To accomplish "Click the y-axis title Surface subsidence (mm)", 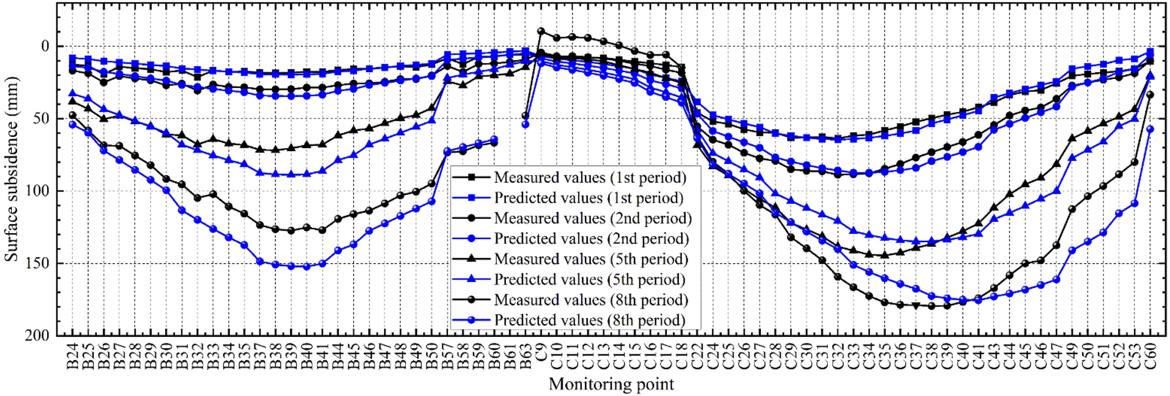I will (11, 169).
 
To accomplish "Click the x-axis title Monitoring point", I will (611, 384).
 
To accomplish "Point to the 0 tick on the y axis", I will (45, 47).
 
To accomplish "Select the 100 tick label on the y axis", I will (37, 191).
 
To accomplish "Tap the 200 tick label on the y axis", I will (37, 335).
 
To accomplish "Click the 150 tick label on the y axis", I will (37, 263).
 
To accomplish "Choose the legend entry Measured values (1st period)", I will (590, 178).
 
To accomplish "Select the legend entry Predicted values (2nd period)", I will (591, 239).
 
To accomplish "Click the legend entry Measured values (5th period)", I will (591, 259).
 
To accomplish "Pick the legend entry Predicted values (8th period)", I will (590, 320).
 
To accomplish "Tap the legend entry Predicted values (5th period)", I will (590, 280).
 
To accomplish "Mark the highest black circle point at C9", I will (541, 31).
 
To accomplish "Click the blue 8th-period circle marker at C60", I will (1149, 129).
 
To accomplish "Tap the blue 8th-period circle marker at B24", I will (73, 125).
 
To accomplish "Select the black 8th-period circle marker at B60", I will (494, 143).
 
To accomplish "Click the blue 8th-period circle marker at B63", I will (525, 125).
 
